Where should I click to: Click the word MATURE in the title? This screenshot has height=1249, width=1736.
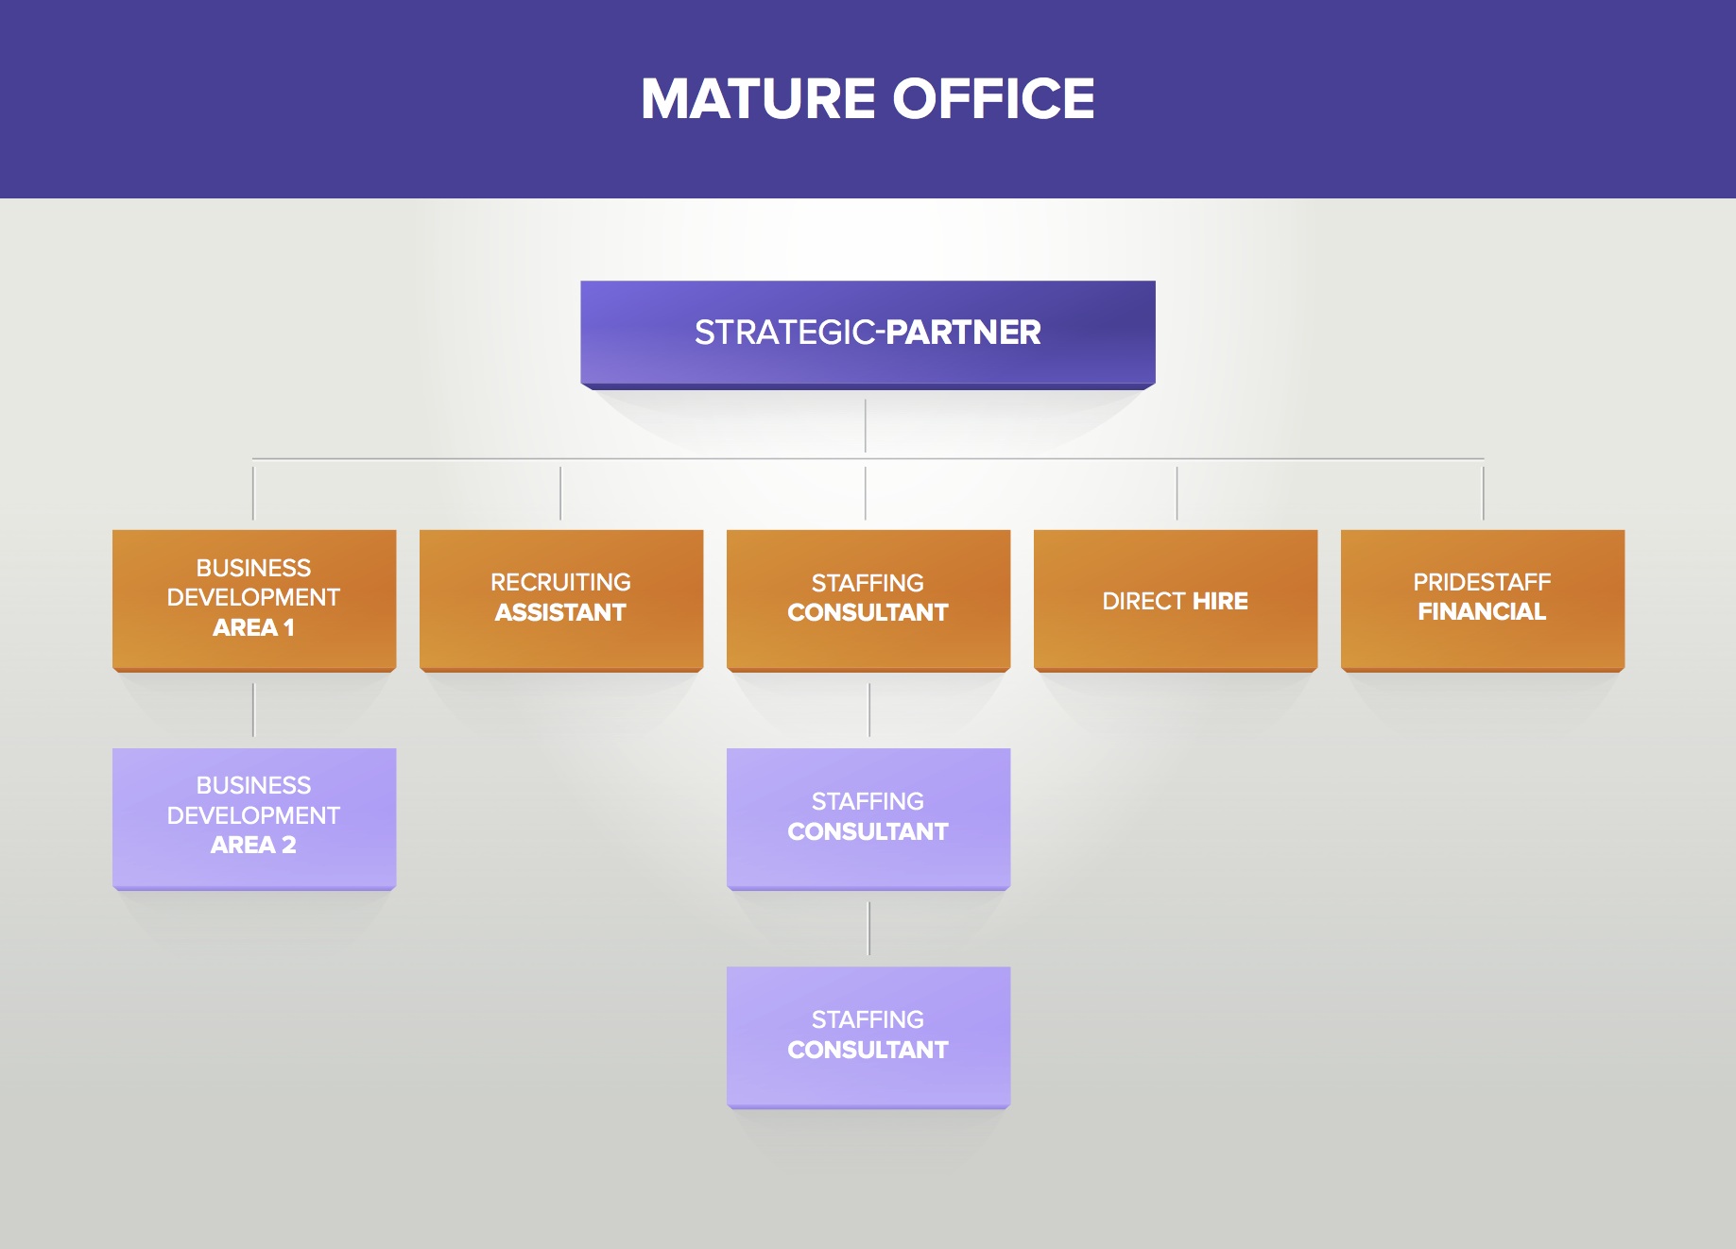click(x=758, y=99)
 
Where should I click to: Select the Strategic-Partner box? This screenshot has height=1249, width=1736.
click(x=868, y=333)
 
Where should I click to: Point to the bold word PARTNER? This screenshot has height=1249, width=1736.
click(x=963, y=333)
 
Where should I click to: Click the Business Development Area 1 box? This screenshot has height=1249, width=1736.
click(x=253, y=599)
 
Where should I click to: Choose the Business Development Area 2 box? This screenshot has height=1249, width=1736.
click(x=253, y=817)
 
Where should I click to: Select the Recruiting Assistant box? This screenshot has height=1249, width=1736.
click(x=560, y=599)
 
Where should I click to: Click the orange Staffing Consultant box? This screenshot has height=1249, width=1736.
click(x=868, y=599)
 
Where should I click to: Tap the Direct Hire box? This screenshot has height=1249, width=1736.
click(x=1175, y=599)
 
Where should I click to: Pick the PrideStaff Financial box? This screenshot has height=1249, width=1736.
click(x=1482, y=599)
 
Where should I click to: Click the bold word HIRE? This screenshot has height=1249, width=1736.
click(x=1220, y=601)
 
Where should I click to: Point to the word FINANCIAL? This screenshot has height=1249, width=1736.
click(x=1482, y=612)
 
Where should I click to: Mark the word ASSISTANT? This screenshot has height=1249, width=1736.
click(x=560, y=613)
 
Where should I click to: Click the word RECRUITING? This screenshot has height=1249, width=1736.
click(x=560, y=582)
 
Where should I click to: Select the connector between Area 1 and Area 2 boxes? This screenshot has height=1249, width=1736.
click(x=253, y=710)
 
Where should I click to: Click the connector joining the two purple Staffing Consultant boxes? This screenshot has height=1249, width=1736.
click(x=868, y=928)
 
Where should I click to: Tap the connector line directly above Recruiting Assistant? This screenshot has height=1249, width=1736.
click(x=560, y=492)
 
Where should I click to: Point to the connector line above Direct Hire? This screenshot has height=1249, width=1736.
click(x=1177, y=492)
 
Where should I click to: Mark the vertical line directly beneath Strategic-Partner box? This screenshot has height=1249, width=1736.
click(x=865, y=425)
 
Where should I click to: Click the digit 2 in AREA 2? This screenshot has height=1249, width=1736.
click(x=289, y=846)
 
